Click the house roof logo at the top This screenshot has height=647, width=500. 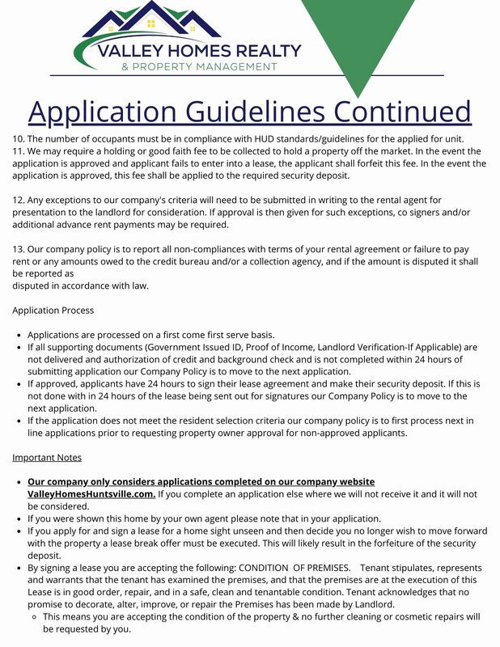[151, 20]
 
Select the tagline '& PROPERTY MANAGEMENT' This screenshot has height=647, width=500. [199, 66]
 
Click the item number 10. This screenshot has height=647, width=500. [19, 139]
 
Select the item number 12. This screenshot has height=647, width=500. [19, 200]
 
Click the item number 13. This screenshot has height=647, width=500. [19, 249]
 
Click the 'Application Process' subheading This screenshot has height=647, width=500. [53, 310]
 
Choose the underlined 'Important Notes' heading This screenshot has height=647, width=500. [47, 457]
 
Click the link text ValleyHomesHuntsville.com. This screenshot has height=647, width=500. [91, 493]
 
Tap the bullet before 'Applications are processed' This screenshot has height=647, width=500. [18, 335]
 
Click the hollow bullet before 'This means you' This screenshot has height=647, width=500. [33, 616]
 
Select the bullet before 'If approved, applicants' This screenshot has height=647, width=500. [18, 384]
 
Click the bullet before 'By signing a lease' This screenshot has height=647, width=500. [18, 568]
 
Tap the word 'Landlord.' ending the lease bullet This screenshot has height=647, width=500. [370, 604]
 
